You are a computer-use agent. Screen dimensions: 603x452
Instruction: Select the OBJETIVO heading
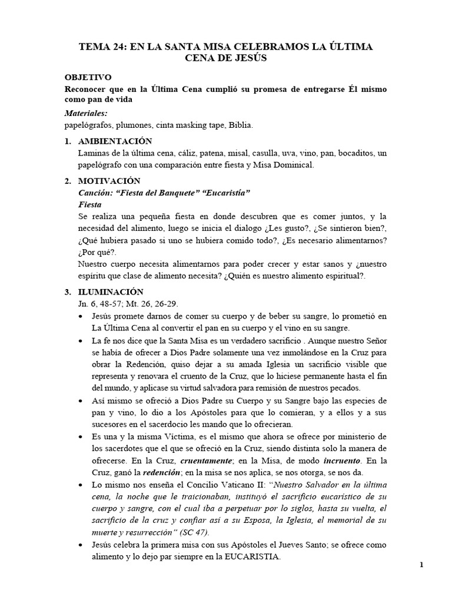(88, 78)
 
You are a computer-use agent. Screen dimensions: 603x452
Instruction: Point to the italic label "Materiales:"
(86, 113)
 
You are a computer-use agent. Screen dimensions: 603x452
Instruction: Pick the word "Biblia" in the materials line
(240, 125)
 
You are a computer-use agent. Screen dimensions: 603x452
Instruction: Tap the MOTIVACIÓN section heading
(109, 181)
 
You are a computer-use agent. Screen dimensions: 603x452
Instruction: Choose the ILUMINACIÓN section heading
(111, 291)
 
